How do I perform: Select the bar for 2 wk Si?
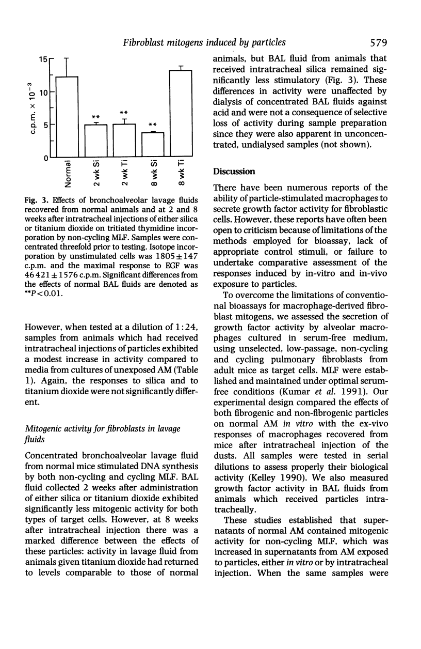[95, 141]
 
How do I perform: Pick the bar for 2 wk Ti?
[124, 141]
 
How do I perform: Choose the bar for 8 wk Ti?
[181, 114]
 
